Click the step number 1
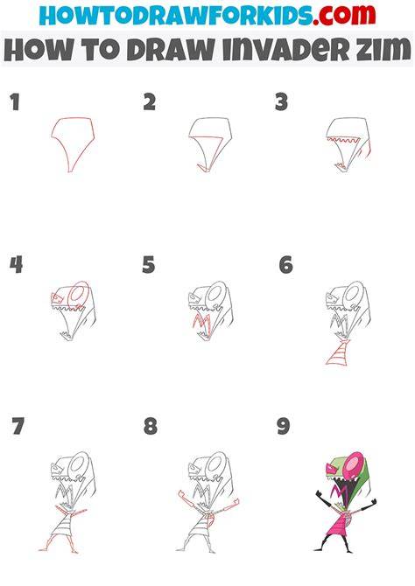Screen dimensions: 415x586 pyautogui.click(x=15, y=102)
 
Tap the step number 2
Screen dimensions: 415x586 pyautogui.click(x=150, y=102)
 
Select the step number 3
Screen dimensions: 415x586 pyautogui.click(x=281, y=102)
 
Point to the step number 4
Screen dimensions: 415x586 pyautogui.click(x=16, y=265)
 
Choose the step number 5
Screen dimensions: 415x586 pyautogui.click(x=149, y=265)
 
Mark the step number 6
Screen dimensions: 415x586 pyautogui.click(x=286, y=265)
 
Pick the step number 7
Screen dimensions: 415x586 pyautogui.click(x=18, y=426)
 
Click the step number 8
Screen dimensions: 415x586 pyautogui.click(x=151, y=426)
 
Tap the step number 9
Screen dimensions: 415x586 pyautogui.click(x=284, y=426)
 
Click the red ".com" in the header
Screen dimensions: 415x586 pyautogui.click(x=345, y=15)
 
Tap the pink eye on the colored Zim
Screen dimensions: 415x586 pyautogui.click(x=353, y=464)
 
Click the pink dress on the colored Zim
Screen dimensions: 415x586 pyautogui.click(x=339, y=523)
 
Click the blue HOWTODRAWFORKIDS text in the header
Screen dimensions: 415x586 pyautogui.click(x=176, y=15)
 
